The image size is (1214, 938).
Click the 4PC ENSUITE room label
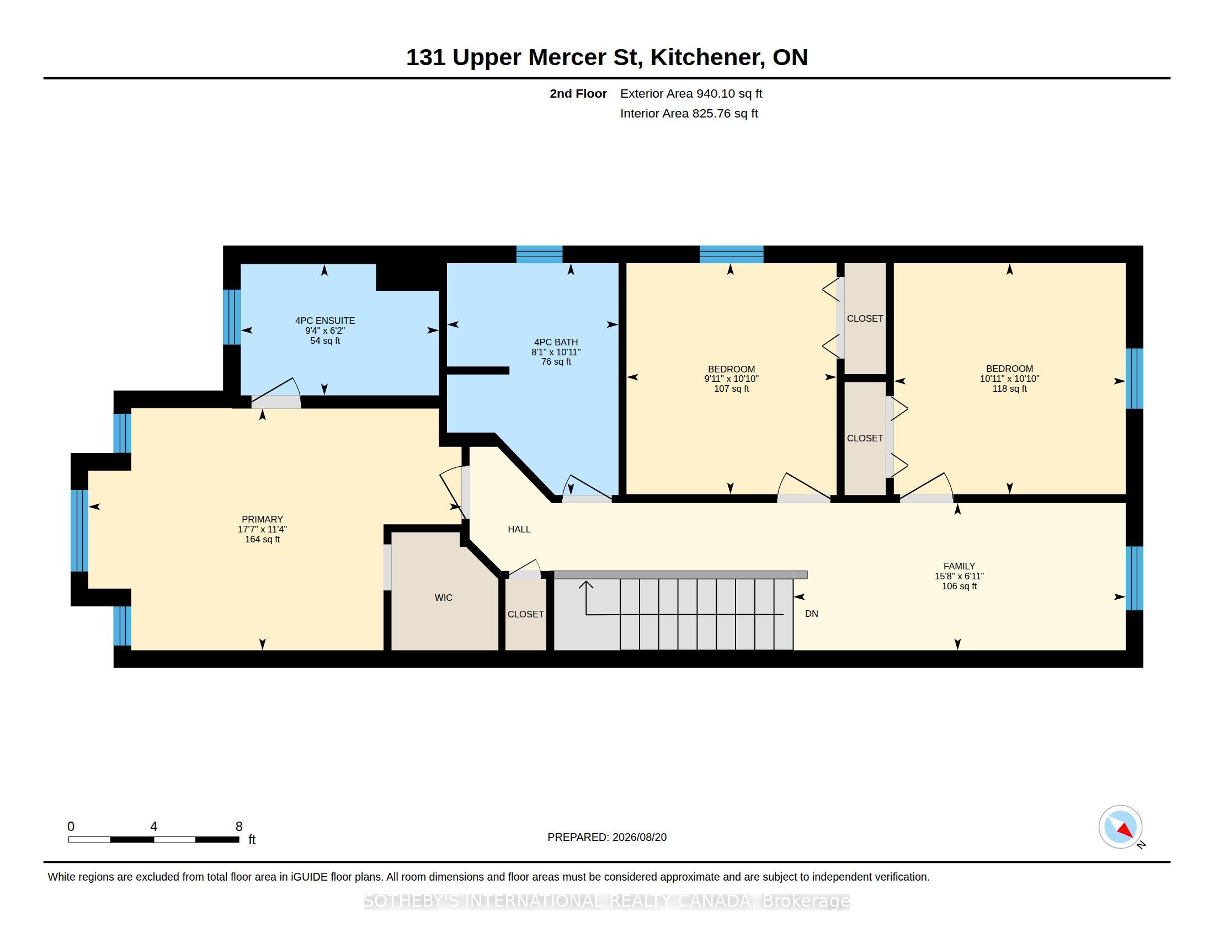[324, 321]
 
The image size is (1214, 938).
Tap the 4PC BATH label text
[556, 342]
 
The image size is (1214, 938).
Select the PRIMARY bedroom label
[262, 520]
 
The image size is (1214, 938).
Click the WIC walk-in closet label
[444, 598]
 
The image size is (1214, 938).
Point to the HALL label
[519, 530]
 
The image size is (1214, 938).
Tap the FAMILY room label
[959, 566]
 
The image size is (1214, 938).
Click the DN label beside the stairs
[812, 614]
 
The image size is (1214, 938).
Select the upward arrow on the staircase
[587, 598]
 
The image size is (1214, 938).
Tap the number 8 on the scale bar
[239, 827]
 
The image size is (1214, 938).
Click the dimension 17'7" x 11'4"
[262, 530]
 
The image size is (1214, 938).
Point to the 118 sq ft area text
[1009, 389]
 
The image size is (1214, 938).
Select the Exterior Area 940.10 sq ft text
[691, 94]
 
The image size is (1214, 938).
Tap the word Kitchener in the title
[705, 57]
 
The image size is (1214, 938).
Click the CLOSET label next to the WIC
[525, 615]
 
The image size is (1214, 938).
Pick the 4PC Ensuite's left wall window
[232, 317]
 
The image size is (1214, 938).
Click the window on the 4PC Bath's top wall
[539, 254]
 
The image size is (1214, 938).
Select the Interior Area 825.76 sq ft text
[689, 114]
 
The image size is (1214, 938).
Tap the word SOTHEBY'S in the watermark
[412, 901]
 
